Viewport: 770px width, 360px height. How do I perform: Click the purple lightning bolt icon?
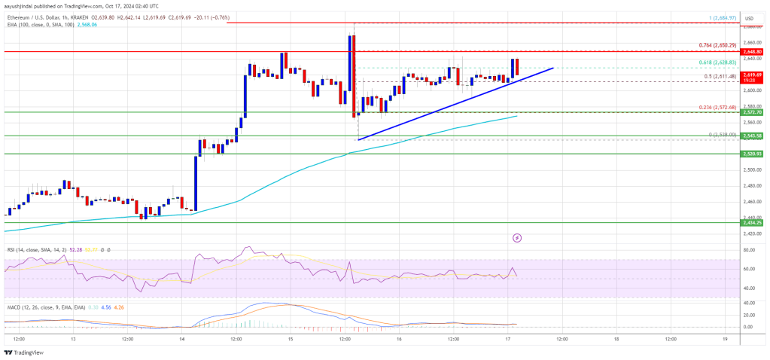coord(517,238)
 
